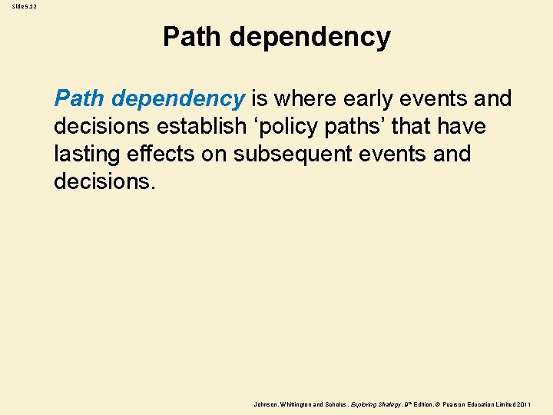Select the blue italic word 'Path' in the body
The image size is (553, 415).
[80, 98]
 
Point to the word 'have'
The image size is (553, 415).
[461, 126]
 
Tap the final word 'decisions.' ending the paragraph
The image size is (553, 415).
[104, 181]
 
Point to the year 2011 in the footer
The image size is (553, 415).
[524, 404]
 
